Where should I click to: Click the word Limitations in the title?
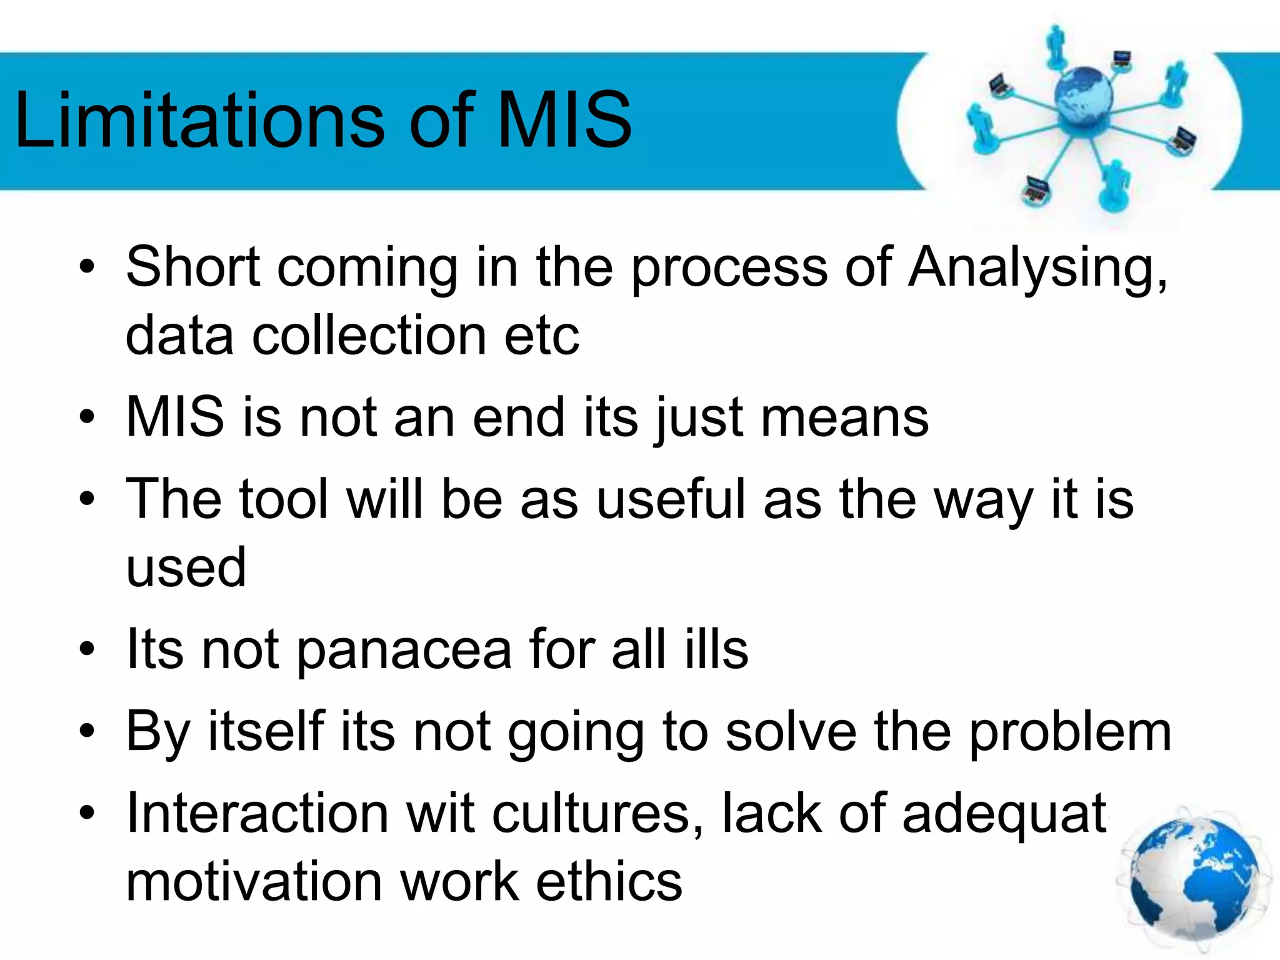tap(199, 120)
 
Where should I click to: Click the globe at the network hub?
tap(1083, 97)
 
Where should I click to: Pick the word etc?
tap(541, 336)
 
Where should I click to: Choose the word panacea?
tap(404, 650)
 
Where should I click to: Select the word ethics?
tap(609, 882)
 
